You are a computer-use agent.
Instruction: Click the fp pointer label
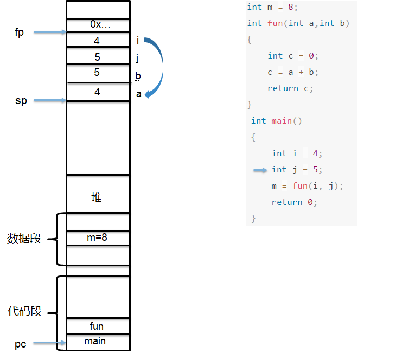19,33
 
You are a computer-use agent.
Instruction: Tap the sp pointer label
21,101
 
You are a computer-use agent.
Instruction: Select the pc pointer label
20,344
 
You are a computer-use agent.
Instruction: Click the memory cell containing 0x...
98,25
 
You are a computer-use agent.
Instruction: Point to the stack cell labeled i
98,40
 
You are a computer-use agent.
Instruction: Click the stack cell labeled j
98,56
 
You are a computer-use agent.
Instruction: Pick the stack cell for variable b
98,73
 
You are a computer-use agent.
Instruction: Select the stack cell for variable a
98,92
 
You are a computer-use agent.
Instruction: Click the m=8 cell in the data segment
98,238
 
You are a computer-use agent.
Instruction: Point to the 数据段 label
24,239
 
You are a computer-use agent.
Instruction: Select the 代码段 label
24,311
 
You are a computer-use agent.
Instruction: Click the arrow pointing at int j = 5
260,170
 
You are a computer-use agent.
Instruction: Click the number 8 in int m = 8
290,7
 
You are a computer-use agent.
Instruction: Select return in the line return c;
283,88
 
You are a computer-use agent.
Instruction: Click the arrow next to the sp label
50,100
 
